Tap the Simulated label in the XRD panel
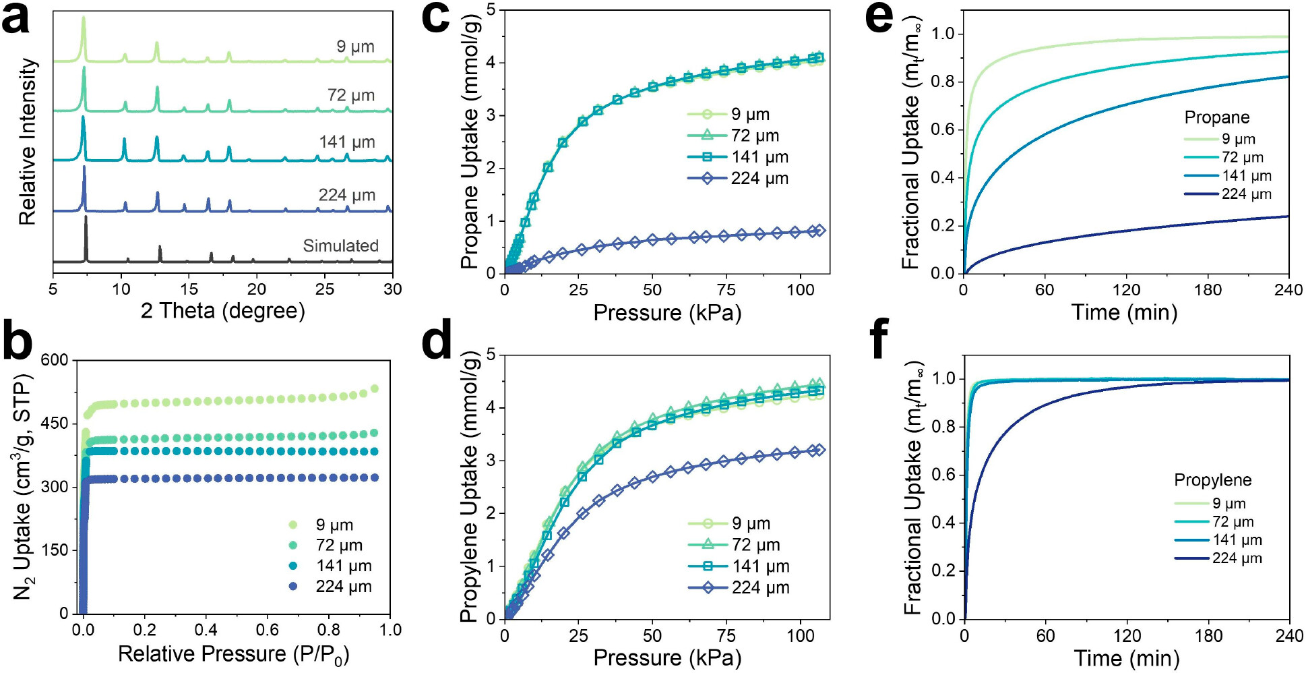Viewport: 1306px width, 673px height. (340, 245)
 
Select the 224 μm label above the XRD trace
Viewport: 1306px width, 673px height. (346, 195)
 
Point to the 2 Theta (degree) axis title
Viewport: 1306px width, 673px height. (222, 311)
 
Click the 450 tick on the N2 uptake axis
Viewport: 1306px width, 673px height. (55, 423)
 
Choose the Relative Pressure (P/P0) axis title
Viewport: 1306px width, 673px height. (233, 654)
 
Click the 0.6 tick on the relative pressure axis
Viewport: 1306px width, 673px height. (267, 630)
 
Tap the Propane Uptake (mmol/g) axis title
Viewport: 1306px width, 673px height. (470, 143)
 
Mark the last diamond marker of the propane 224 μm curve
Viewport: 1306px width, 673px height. (819, 231)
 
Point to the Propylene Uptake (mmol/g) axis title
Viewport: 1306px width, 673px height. (470, 487)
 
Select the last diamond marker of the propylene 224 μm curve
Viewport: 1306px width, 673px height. (819, 450)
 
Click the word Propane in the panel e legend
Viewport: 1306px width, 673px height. (1216, 117)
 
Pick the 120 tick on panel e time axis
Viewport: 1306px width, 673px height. (1126, 290)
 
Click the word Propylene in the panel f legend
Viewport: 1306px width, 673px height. (1212, 480)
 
